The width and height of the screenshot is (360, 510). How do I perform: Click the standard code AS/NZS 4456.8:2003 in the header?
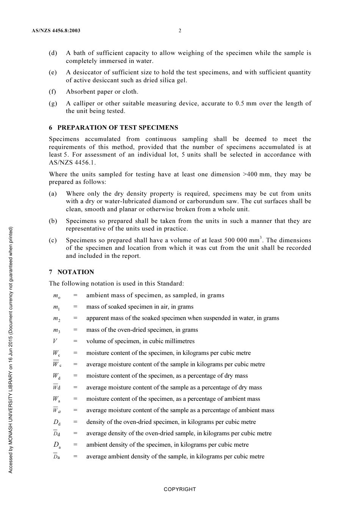click(x=56, y=31)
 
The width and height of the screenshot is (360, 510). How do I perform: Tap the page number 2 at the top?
click(x=180, y=31)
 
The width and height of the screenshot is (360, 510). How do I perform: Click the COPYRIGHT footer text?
click(x=180, y=489)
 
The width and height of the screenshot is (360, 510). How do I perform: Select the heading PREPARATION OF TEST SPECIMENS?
click(x=117, y=127)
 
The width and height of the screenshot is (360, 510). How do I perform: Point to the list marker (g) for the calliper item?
click(x=53, y=103)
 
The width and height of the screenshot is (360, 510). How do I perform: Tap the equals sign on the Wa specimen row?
click(x=75, y=399)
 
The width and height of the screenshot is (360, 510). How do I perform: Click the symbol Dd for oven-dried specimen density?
click(x=56, y=422)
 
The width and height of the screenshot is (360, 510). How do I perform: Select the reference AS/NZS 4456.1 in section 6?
click(x=72, y=162)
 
